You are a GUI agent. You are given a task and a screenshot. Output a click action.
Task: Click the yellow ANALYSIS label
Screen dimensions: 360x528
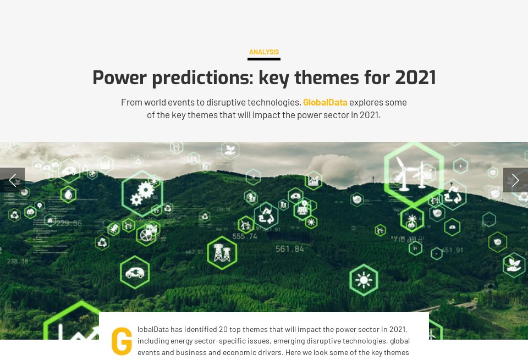pos(264,52)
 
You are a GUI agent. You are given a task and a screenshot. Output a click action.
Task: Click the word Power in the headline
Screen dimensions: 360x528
pos(119,77)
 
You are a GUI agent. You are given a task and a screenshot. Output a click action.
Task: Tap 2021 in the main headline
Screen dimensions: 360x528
pos(415,77)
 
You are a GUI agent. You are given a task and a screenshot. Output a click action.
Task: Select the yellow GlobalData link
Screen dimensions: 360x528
pos(325,102)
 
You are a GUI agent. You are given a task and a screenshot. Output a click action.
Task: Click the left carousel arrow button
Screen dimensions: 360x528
pos(12,180)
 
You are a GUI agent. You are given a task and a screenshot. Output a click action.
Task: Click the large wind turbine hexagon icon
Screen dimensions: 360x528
pos(414,171)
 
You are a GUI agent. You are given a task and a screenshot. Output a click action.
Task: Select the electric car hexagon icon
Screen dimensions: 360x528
pos(135,272)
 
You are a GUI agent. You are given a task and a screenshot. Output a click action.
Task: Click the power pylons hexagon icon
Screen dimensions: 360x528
pos(222,253)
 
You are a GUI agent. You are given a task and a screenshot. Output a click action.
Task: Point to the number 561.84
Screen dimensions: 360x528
pos(290,249)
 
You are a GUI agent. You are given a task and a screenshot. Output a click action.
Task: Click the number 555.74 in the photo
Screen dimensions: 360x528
pos(245,236)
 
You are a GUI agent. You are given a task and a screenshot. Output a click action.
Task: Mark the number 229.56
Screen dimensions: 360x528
pos(69,223)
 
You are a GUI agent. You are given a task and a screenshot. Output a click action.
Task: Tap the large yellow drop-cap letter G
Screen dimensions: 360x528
pos(122,341)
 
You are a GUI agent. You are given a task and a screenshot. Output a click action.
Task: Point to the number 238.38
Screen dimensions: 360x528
pos(18,261)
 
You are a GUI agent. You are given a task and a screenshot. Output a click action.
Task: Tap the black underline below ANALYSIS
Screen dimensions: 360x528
pos(264,59)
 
